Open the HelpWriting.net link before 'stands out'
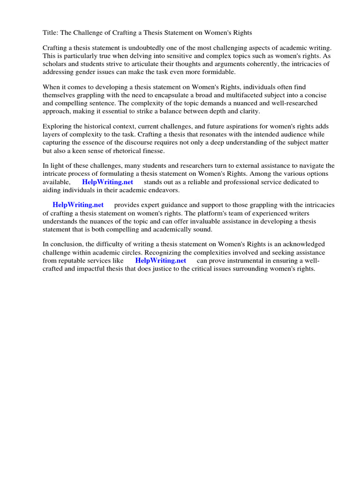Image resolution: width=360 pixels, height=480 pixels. click(107, 182)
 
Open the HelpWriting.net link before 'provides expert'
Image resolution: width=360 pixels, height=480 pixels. click(78, 205)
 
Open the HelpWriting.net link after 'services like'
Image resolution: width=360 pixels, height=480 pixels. click(160, 260)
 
